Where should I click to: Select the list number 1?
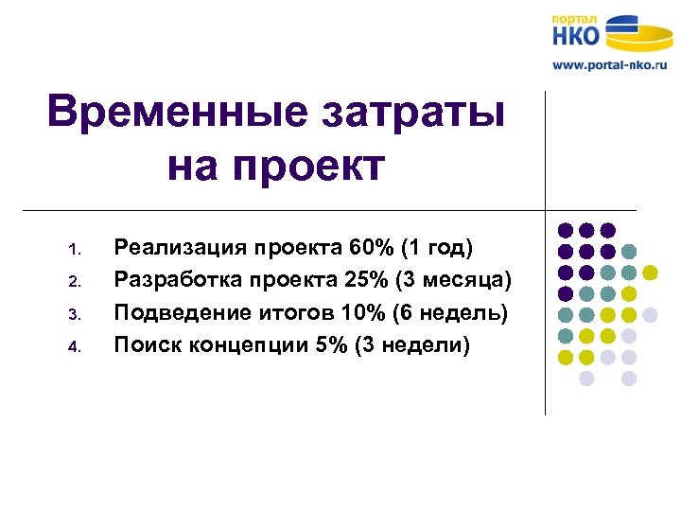pos(76,252)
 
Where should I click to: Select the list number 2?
pos(76,282)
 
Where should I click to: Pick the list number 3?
pos(76,314)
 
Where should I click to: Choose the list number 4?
pos(76,346)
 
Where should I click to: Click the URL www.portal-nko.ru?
pos(610,65)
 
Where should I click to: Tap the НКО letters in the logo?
pos(577,37)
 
